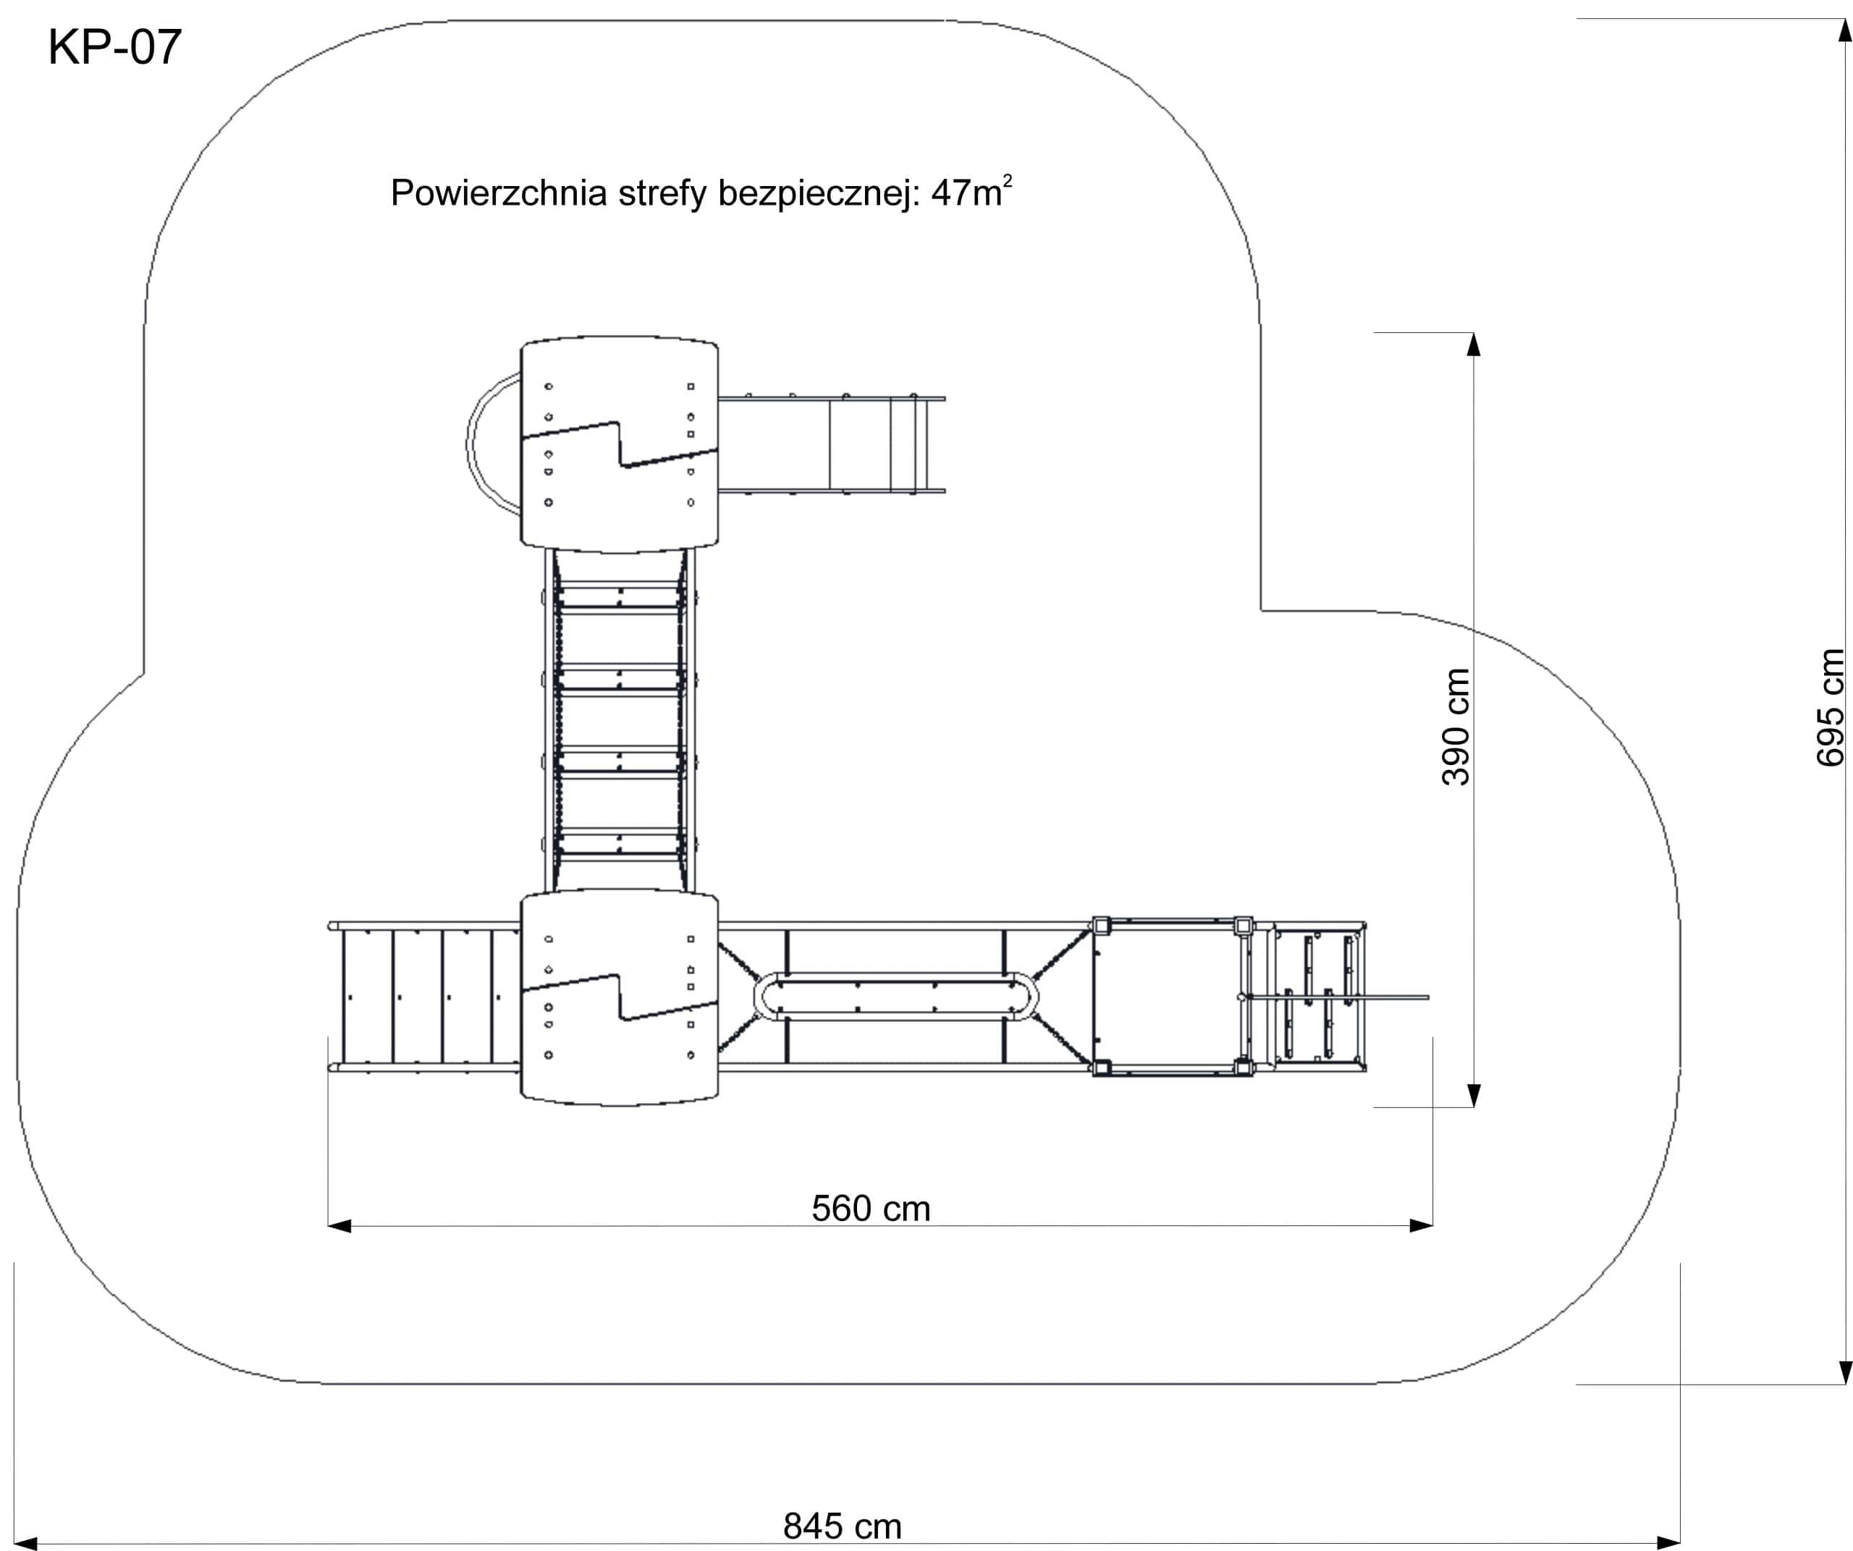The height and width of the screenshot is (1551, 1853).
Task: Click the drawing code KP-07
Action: pyautogui.click(x=114, y=48)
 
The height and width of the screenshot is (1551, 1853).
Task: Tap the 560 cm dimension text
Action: pyautogui.click(x=871, y=1209)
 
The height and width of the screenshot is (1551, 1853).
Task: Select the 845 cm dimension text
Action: pyautogui.click(x=843, y=1526)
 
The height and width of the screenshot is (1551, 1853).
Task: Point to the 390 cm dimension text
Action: pyautogui.click(x=1456, y=726)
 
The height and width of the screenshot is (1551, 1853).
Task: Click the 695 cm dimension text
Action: pyautogui.click(x=1831, y=708)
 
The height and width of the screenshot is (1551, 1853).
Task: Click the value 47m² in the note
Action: pyautogui.click(x=971, y=192)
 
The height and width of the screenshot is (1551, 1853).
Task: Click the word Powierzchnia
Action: pyautogui.click(x=499, y=193)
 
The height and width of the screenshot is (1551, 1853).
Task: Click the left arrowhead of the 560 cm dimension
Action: pyautogui.click(x=339, y=1225)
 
